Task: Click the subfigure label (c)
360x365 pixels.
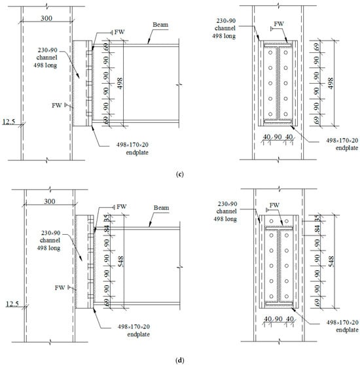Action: coord(180,175)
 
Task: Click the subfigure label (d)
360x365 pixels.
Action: coord(180,360)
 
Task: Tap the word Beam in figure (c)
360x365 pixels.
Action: coord(160,25)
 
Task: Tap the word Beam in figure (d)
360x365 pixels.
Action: coord(162,207)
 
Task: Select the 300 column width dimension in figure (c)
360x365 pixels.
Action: coord(46,18)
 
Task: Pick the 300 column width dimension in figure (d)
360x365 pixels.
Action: coord(50,201)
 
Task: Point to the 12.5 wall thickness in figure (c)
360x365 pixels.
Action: coord(9,122)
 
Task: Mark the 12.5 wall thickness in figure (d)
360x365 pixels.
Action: coord(12,304)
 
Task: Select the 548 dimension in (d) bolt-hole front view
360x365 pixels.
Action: coord(331,262)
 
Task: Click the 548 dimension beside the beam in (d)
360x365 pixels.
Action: coord(120,262)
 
